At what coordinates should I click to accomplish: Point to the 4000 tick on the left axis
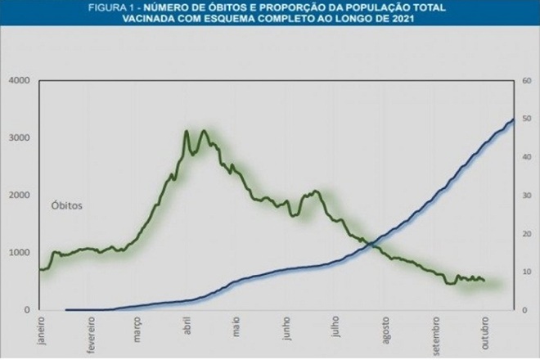pos(19,80)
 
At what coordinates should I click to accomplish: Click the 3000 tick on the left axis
pos(19,137)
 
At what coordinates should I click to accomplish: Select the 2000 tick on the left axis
pos(19,196)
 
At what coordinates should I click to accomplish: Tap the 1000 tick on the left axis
pos(19,253)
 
